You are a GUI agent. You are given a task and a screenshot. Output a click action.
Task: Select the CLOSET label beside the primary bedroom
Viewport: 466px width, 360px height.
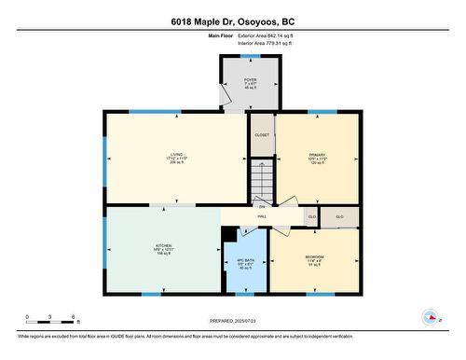coord(262,135)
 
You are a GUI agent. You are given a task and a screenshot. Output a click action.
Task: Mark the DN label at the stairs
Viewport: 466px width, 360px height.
coord(262,205)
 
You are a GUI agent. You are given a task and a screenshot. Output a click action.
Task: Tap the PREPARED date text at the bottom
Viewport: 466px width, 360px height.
coord(232,320)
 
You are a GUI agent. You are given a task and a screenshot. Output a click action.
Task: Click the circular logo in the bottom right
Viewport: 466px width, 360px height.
coord(431,316)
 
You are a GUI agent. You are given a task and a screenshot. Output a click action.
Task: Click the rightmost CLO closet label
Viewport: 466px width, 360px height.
coord(339,216)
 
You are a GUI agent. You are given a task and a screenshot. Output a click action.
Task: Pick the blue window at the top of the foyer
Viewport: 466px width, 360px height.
coord(250,56)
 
